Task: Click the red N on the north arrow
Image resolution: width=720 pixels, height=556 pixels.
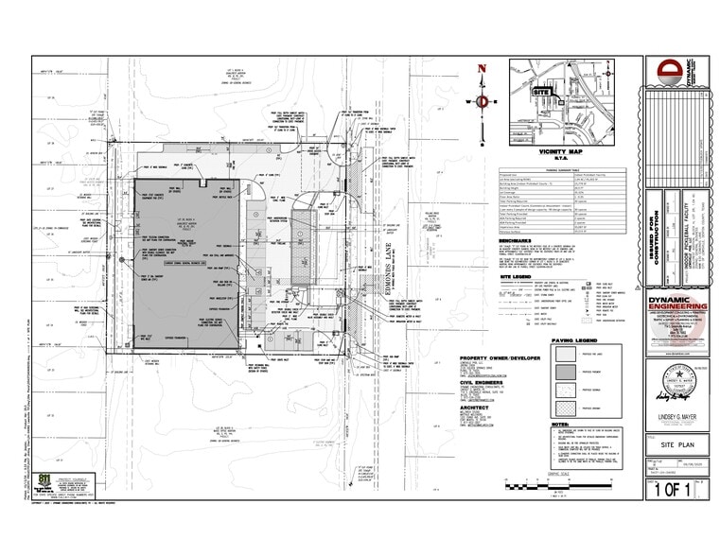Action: tap(482, 68)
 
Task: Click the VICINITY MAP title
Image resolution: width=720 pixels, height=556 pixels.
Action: tap(557, 151)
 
